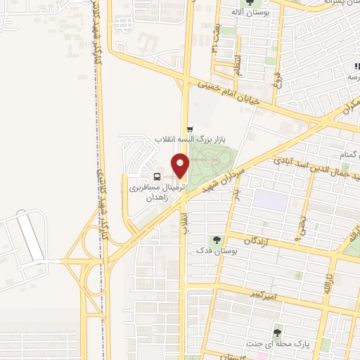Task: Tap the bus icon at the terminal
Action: pyautogui.click(x=156, y=177)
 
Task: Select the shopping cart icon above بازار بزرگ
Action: pyautogui.click(x=190, y=128)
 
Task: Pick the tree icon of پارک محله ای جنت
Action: pyautogui.click(x=278, y=332)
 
